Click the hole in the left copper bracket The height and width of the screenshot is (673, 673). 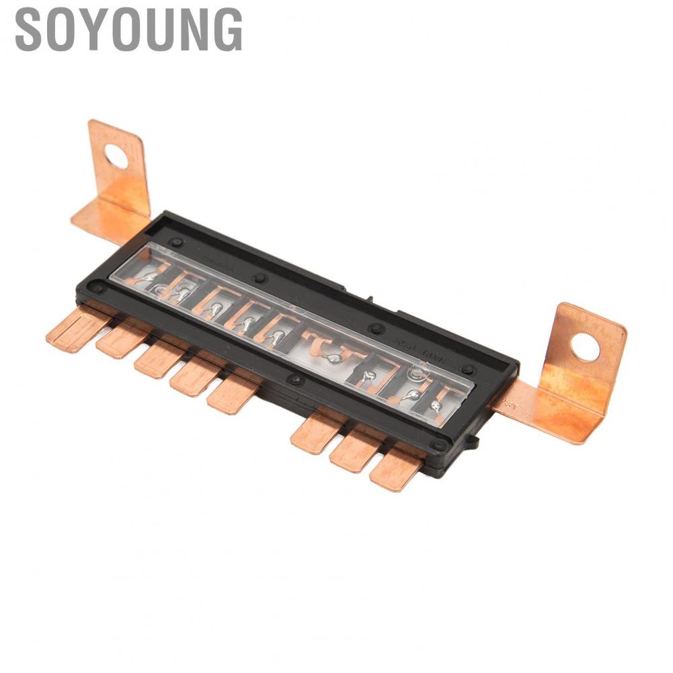(x=116, y=157)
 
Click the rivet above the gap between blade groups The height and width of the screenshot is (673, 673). (x=294, y=380)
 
